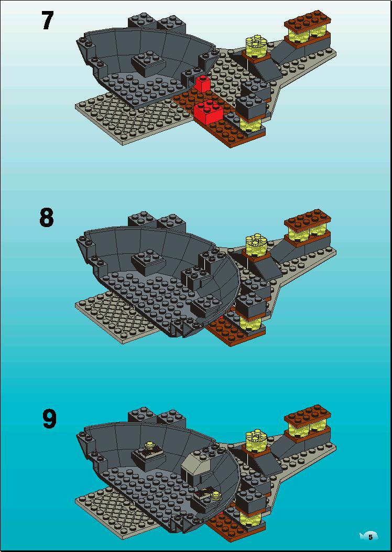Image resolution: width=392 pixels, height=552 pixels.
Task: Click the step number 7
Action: click(48, 21)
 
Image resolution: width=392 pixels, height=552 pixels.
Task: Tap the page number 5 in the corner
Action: click(370, 537)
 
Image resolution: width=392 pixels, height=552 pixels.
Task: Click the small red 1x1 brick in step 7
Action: click(202, 84)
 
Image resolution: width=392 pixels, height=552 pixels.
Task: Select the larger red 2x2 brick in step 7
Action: click(209, 111)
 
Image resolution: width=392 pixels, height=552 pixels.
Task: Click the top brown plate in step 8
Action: click(308, 220)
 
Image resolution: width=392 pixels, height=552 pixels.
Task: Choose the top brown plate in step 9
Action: click(308, 416)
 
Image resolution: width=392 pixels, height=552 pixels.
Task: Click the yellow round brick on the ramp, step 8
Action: click(256, 245)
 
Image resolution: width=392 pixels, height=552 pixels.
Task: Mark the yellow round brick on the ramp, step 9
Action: click(256, 441)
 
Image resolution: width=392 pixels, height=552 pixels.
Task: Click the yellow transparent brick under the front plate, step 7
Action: click(251, 124)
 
